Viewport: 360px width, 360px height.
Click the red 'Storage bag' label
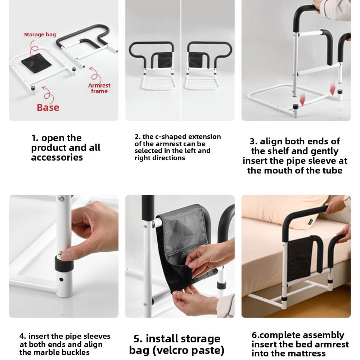[x=40, y=35]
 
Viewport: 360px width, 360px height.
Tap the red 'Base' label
[x=48, y=107]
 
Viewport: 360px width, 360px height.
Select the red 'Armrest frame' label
[x=99, y=88]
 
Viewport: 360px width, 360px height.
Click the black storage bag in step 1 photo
[x=36, y=61]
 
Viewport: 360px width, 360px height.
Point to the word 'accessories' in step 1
[x=57, y=157]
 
